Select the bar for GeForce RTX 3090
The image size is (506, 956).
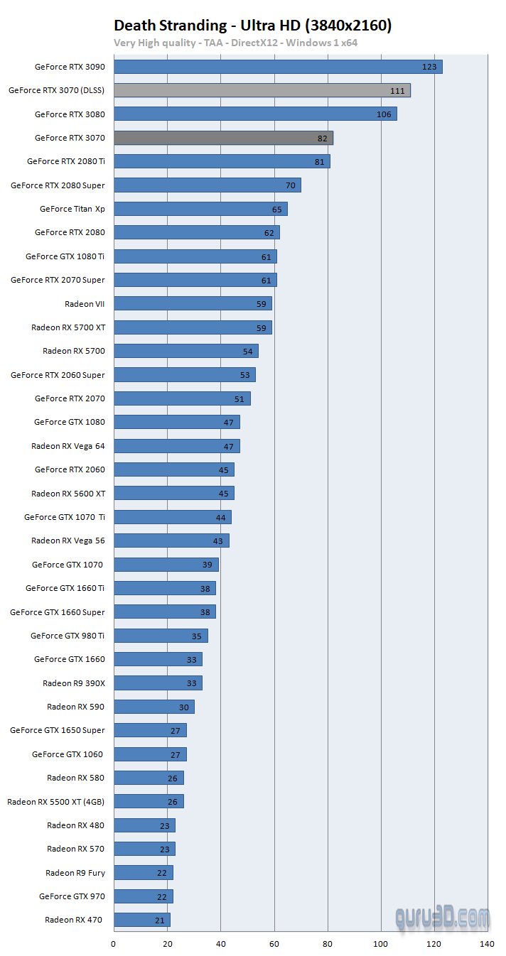coord(278,67)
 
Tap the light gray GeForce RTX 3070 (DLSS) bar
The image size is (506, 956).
coord(262,90)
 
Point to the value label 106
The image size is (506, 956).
coord(384,114)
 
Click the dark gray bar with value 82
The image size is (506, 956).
coord(223,138)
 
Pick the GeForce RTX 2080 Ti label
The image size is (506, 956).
coord(65,161)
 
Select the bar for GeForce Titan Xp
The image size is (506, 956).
coord(200,209)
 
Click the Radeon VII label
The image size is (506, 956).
coord(85,303)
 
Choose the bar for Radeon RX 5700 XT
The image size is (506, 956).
coord(193,327)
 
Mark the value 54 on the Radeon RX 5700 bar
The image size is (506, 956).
coord(248,351)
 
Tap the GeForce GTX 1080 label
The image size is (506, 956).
coord(69,422)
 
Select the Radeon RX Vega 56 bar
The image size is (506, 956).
coord(171,541)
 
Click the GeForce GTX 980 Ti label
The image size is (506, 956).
coord(68,636)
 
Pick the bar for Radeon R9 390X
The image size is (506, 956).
coord(158,683)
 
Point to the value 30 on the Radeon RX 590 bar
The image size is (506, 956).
coord(184,707)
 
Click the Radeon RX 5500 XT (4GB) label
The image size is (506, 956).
coord(56,801)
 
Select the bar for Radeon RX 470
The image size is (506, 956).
coord(141,920)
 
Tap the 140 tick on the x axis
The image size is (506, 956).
coord(487,944)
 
